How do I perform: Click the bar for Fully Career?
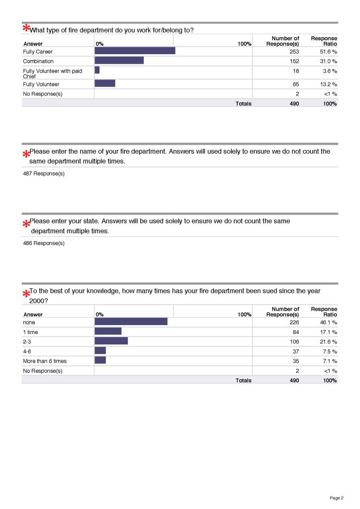tap(135, 51)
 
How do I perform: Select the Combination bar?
tap(119, 61)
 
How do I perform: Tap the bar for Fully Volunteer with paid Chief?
tap(97, 71)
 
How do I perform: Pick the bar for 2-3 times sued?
tap(111, 341)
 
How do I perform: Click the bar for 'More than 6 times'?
tap(100, 360)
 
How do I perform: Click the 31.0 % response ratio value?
tap(328, 61)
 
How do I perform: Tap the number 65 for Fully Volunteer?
tap(295, 84)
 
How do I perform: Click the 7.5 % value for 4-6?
tap(329, 351)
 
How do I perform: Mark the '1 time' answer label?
tap(30, 332)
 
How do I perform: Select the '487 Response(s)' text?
tap(44, 173)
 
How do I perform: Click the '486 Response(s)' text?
tap(44, 243)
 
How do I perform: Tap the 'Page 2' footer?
tap(337, 498)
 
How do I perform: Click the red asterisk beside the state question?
tap(25, 224)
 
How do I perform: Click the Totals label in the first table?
tap(243, 103)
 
